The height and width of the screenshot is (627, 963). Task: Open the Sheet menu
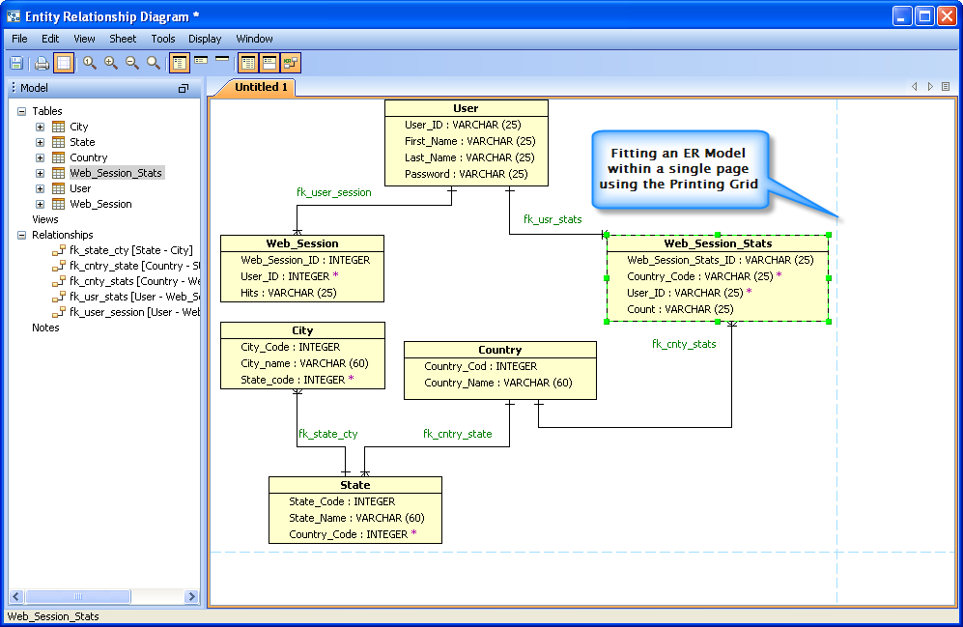tap(123, 39)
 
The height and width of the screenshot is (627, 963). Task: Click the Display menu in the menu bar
tap(205, 39)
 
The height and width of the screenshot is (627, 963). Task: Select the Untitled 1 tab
tap(261, 87)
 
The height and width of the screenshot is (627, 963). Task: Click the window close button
tap(947, 15)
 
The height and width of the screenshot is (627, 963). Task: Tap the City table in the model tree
tap(78, 127)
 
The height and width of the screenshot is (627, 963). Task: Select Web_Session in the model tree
tap(100, 204)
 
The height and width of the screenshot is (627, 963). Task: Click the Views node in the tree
tap(45, 219)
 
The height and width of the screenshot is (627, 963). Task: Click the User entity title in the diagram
tap(466, 108)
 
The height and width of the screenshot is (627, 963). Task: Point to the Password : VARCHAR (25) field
tap(467, 174)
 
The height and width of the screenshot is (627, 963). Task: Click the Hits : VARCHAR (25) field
tap(289, 292)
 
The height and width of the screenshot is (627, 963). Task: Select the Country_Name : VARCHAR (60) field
tap(497, 383)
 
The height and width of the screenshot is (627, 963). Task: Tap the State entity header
tap(354, 485)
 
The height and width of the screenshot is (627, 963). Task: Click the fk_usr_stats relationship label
tap(552, 219)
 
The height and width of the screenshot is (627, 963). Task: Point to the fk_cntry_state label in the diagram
tap(457, 434)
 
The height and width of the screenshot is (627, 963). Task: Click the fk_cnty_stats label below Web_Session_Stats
tap(684, 344)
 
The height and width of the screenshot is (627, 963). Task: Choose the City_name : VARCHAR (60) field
tap(304, 363)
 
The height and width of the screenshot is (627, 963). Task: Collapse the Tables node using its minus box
tap(22, 111)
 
